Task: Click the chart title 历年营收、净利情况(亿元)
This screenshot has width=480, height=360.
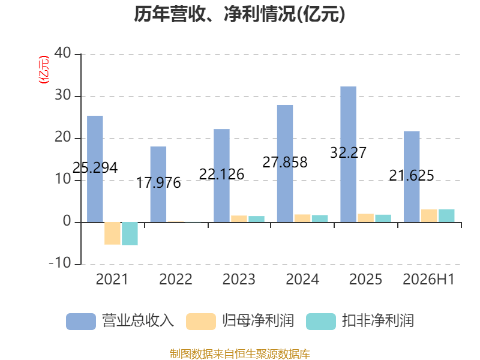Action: point(239,14)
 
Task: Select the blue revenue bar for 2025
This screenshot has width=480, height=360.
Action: point(349,154)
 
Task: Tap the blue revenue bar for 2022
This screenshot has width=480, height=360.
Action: point(158,184)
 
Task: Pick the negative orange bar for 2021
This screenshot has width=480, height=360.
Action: point(112,233)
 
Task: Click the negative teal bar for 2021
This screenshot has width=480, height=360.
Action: point(130,233)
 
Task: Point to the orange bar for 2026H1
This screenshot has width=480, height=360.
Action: point(429,216)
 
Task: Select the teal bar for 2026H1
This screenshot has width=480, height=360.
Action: point(446,216)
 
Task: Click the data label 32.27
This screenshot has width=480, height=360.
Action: point(349,152)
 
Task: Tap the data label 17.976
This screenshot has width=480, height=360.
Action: point(158,183)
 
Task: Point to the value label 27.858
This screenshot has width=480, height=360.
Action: point(285,162)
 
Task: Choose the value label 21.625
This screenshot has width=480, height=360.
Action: point(412,175)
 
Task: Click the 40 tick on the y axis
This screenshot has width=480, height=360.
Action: point(63,53)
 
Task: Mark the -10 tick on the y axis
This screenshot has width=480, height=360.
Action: point(60,263)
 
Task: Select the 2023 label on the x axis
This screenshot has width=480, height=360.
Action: point(239,279)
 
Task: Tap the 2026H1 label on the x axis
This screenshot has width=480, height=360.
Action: point(429,279)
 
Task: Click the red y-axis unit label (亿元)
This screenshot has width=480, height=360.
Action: point(43,70)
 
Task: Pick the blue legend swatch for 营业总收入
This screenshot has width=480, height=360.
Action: point(81,322)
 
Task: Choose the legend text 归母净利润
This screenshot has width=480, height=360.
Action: point(259,321)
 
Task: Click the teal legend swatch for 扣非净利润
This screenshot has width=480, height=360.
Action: point(321,322)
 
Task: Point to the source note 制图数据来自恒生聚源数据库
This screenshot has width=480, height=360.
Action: point(240,353)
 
